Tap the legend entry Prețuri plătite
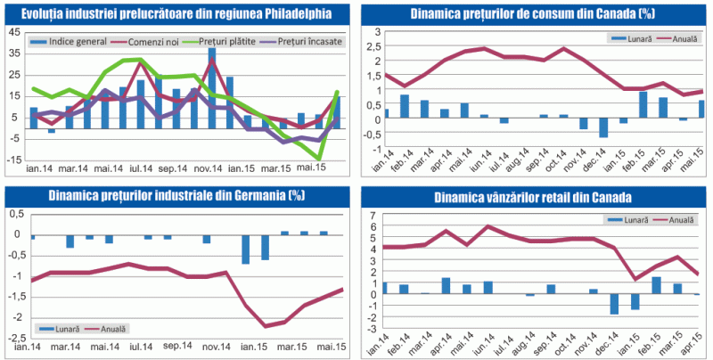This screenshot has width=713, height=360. [x=229, y=42]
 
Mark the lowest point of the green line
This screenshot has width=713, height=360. [x=318, y=159]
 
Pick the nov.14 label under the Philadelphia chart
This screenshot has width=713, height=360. [x=211, y=169]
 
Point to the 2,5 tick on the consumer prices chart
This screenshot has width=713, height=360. [x=375, y=46]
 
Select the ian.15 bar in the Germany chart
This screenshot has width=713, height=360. [x=245, y=250]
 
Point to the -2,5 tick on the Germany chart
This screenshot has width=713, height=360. [x=15, y=339]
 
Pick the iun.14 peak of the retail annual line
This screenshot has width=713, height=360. [x=488, y=226]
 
